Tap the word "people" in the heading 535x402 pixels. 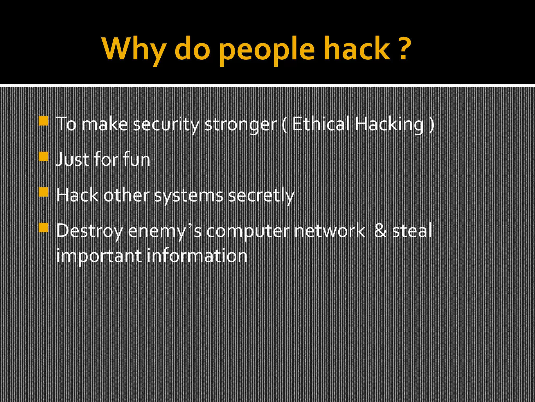266,50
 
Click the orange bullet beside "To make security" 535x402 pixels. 43,121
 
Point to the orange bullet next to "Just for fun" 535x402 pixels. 43,157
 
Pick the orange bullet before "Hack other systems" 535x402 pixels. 43,192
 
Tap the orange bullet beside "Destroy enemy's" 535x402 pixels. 43,227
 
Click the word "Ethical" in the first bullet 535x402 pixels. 321,124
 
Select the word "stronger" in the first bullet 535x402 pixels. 241,125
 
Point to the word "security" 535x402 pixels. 166,125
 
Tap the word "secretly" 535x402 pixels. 261,196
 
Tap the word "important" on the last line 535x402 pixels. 99,256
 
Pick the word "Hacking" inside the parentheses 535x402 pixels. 389,125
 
